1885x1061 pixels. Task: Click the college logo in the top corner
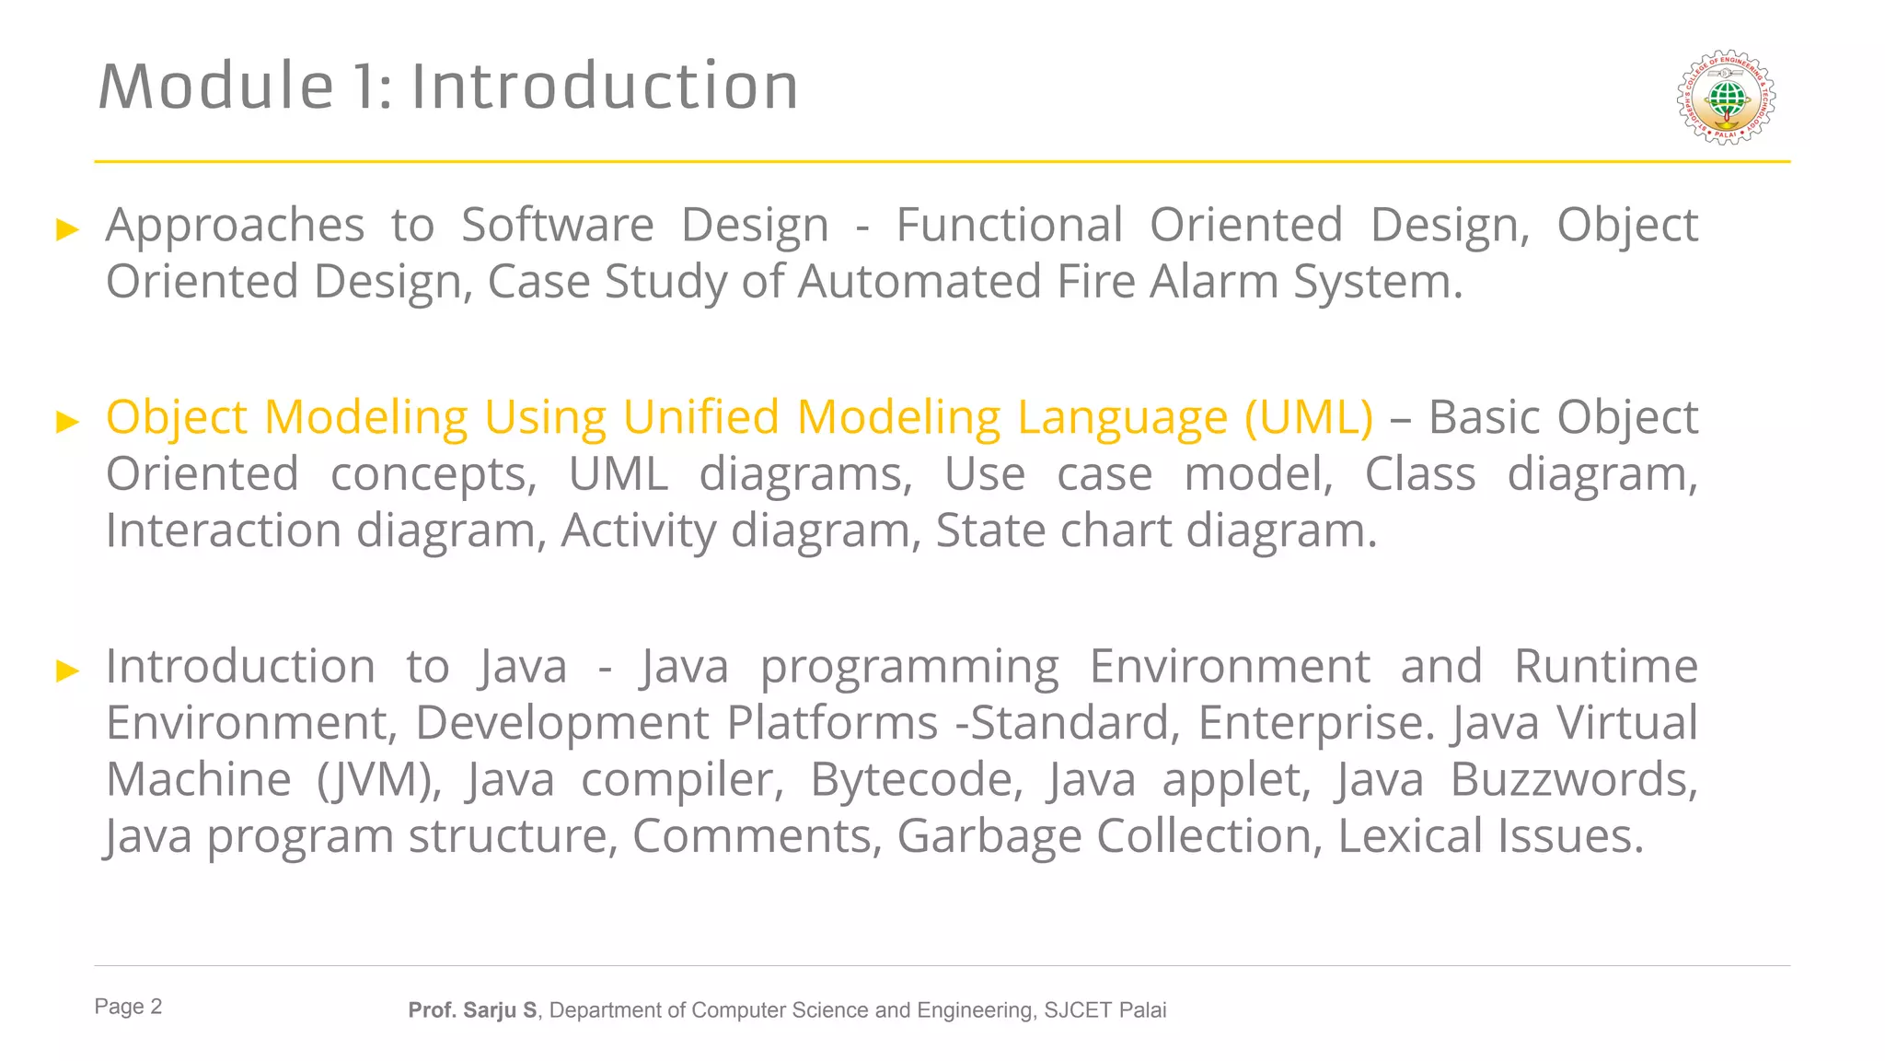coord(1726,98)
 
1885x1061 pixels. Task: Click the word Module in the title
coord(216,87)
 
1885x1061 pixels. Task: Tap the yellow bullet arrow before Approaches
coord(67,229)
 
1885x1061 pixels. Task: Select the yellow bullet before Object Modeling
coord(67,422)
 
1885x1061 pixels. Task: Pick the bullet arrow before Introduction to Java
coord(67,670)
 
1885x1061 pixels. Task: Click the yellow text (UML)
coord(1308,417)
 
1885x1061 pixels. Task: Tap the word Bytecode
coord(916,780)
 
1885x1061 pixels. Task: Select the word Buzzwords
coord(1573,780)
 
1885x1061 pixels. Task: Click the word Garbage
coord(989,837)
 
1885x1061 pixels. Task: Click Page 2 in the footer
coord(128,1007)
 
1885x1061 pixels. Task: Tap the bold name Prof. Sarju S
coord(472,1010)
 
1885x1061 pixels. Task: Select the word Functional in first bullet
coord(1009,226)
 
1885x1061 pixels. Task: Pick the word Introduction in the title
coord(605,87)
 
